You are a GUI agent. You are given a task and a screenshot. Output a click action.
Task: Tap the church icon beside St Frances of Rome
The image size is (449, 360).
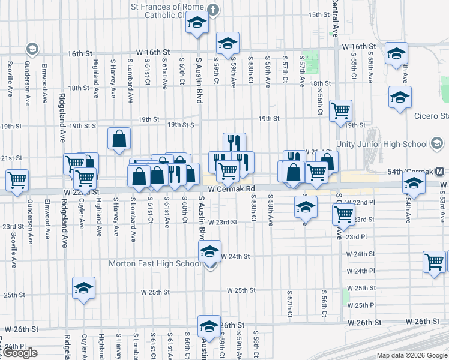point(213,10)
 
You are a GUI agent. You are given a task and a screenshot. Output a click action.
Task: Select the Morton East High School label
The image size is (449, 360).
point(155,263)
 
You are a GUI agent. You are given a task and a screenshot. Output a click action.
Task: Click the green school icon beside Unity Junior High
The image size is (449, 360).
point(438,143)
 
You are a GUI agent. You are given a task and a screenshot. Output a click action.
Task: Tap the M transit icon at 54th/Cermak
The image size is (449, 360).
point(440,171)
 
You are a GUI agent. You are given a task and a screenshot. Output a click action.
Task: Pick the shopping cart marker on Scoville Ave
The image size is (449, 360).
point(17,179)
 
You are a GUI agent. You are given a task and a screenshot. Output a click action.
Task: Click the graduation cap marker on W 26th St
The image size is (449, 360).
point(209,326)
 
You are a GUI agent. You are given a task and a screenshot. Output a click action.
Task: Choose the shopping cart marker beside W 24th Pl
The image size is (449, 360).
point(434,262)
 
